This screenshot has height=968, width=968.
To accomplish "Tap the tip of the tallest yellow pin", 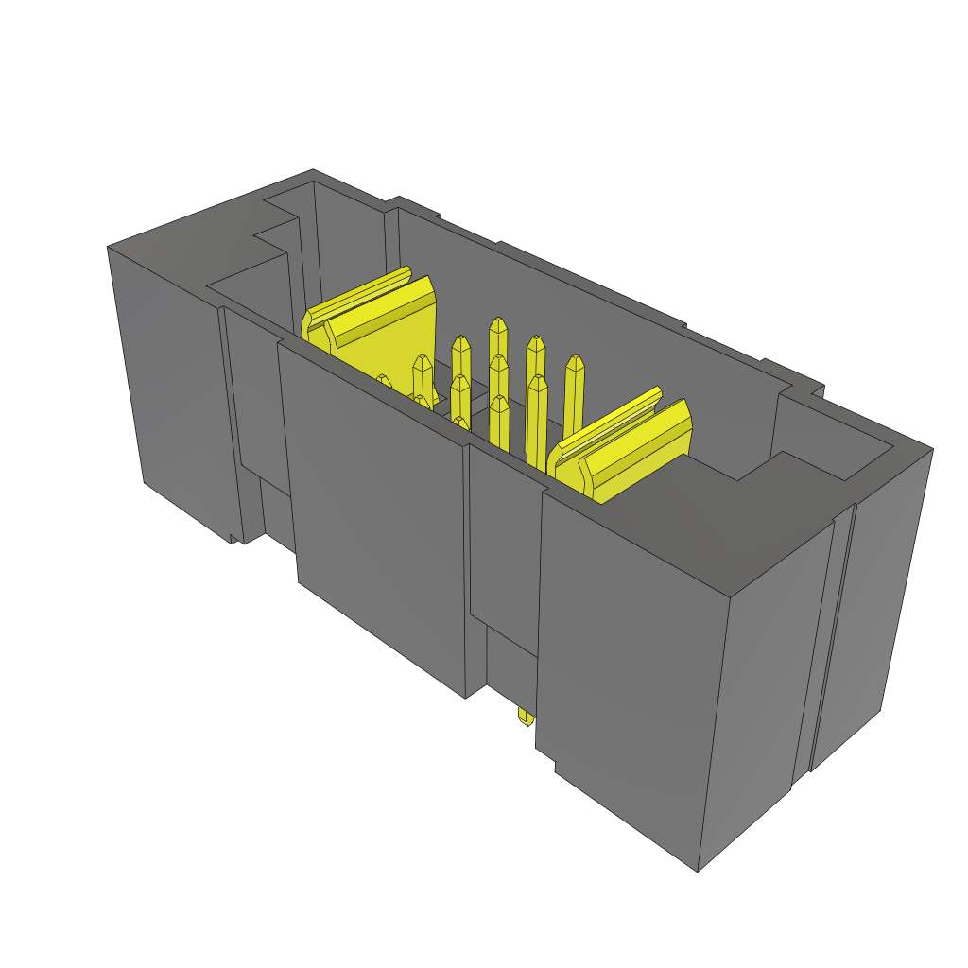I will (496, 326).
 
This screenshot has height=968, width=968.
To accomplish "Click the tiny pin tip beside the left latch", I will (383, 380).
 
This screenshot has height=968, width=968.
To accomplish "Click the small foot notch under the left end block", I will (235, 539).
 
